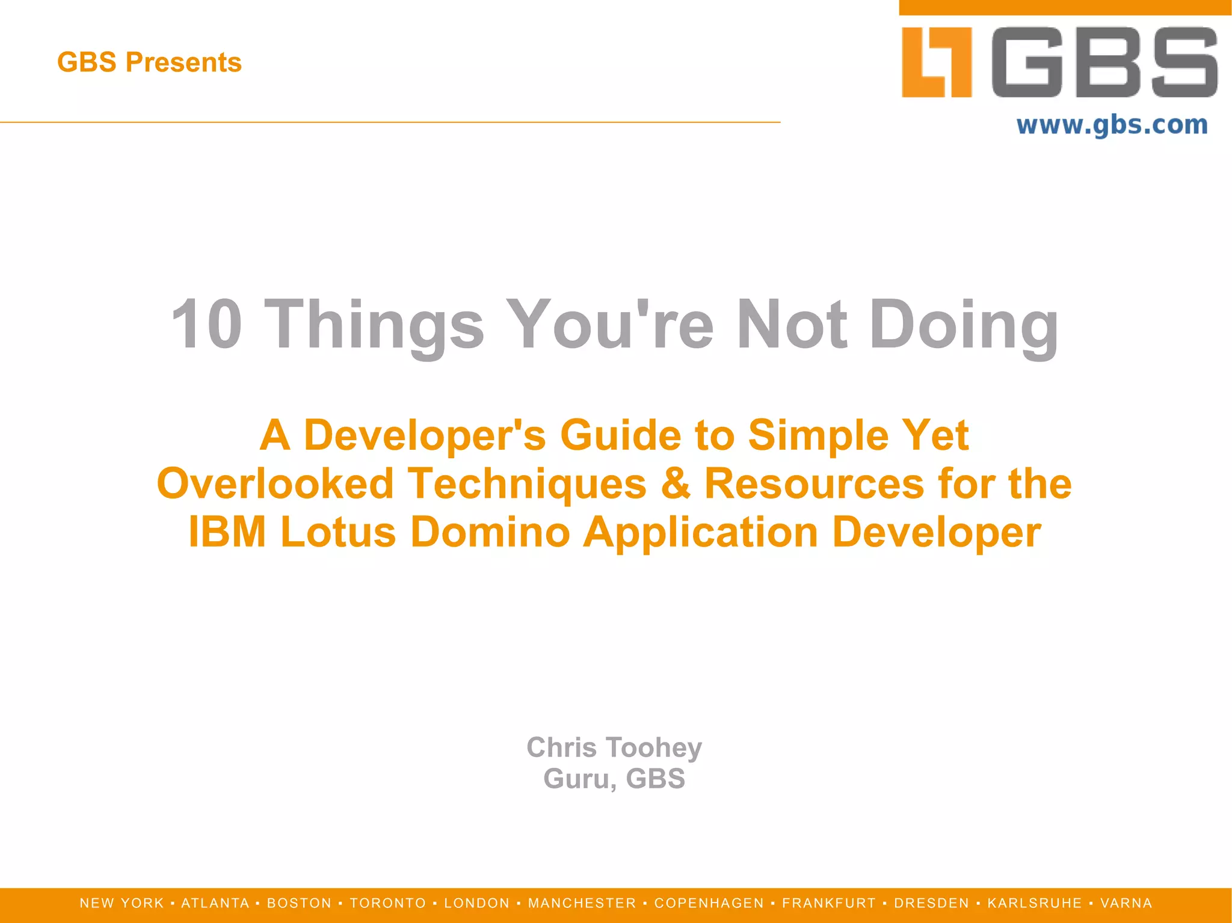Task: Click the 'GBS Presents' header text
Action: coord(149,63)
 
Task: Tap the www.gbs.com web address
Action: coord(1112,125)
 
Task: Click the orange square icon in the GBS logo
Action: coord(937,62)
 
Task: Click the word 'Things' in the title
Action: coord(374,325)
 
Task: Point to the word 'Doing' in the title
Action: coord(964,325)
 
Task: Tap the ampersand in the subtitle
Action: coord(675,484)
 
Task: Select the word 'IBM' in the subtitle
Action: coord(227,532)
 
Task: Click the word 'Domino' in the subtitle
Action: coord(490,532)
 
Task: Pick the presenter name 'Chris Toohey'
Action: coord(614,747)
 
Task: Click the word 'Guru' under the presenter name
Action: coord(579,779)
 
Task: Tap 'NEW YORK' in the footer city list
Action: coord(122,903)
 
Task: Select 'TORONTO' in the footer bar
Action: coord(388,903)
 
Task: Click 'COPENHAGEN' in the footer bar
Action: coord(709,903)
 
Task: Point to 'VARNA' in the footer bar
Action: coord(1126,903)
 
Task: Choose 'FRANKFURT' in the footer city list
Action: coord(829,903)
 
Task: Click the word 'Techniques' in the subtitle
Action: coord(527,484)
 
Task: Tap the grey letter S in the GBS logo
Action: coord(1183,62)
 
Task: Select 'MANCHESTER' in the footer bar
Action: coord(582,903)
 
